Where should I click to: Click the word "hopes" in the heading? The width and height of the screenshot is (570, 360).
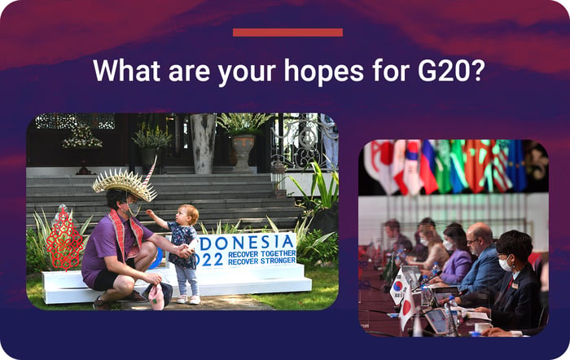[323, 70]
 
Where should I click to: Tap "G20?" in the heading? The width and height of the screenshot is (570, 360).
[451, 70]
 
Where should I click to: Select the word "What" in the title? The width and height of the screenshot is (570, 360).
[126, 70]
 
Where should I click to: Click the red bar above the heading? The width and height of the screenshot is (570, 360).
[288, 33]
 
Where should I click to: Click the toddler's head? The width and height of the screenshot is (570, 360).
[188, 214]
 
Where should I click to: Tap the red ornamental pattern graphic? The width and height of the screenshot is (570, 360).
[64, 239]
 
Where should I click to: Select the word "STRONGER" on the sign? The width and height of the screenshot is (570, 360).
[278, 261]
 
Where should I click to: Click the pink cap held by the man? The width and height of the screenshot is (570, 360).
[156, 296]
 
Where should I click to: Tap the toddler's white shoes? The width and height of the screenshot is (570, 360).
[188, 300]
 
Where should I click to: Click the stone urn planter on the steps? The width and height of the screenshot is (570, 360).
[243, 150]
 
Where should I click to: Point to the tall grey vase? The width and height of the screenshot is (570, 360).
[204, 143]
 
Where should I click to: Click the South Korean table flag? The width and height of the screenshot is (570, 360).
[398, 286]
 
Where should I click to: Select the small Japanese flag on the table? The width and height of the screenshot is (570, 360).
[407, 307]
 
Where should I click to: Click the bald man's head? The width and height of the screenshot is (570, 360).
[479, 238]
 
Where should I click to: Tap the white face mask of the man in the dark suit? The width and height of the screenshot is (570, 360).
[506, 264]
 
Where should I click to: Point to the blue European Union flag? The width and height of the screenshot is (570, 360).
[517, 166]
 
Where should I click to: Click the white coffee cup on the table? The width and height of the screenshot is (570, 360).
[483, 327]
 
